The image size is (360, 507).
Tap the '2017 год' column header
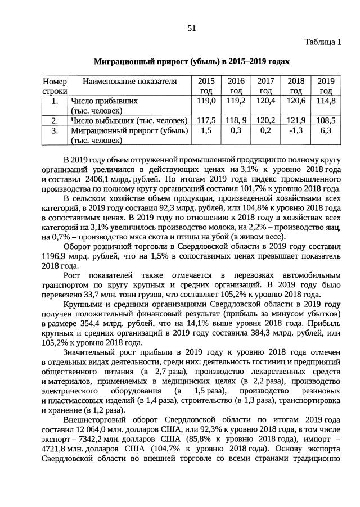[265, 85]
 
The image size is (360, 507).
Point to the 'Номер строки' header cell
[55, 85]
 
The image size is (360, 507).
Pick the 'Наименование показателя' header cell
[130, 81]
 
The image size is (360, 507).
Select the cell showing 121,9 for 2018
[296, 120]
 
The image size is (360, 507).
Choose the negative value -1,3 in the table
[296, 130]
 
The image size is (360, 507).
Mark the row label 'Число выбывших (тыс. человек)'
[129, 120]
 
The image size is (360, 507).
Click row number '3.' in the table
[55, 130]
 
